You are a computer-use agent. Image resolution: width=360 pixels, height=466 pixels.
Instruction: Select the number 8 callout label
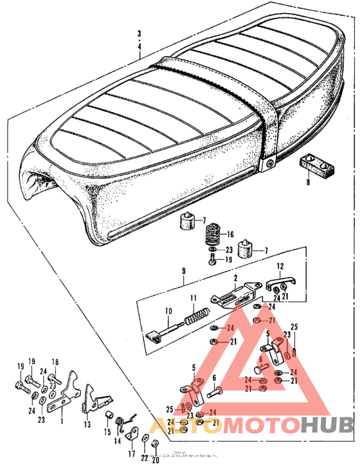click(307, 183)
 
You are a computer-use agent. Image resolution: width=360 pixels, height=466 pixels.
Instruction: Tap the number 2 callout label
click(236, 278)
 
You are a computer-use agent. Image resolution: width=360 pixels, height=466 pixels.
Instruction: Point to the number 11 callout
click(192, 298)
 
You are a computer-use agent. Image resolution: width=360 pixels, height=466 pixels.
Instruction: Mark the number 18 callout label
click(55, 361)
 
